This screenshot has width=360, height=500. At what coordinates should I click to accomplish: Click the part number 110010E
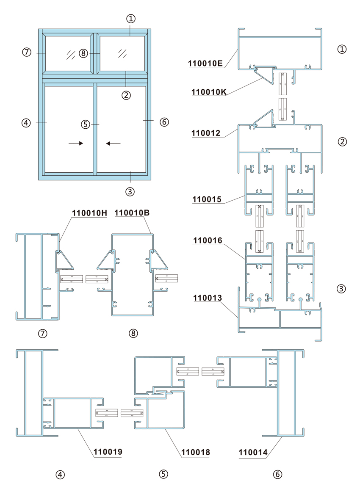tap(205, 63)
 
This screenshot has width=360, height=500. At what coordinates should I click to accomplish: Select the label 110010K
tap(209, 92)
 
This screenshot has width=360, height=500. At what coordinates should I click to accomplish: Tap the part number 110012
tap(206, 133)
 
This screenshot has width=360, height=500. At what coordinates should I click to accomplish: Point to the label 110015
tap(207, 199)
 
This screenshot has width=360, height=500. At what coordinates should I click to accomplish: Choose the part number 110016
tap(208, 240)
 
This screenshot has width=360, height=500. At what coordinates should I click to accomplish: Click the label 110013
tap(208, 298)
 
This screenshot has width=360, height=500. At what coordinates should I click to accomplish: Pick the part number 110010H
tap(90, 213)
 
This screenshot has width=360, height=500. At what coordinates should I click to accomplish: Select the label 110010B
tap(132, 213)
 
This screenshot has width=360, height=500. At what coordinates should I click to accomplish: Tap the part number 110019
tap(108, 452)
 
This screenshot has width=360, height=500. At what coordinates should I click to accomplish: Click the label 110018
tap(196, 452)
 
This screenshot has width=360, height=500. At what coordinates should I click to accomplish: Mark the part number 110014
tap(253, 452)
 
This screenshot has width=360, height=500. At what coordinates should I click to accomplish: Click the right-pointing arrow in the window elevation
tap(76, 143)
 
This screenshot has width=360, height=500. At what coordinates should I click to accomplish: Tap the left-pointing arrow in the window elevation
tap(113, 144)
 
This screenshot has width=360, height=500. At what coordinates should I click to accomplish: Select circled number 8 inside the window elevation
tap(83, 53)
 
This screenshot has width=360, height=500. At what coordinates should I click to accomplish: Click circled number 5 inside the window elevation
tap(86, 124)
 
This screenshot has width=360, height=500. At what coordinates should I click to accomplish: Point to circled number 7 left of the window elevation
tap(26, 52)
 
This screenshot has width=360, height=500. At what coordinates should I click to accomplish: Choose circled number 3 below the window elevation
tap(130, 191)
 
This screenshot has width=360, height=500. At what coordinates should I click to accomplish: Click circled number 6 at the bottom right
tap(278, 475)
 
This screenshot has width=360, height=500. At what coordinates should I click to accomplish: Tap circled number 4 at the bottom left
tap(60, 475)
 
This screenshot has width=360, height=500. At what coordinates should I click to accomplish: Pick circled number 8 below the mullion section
tap(133, 334)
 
